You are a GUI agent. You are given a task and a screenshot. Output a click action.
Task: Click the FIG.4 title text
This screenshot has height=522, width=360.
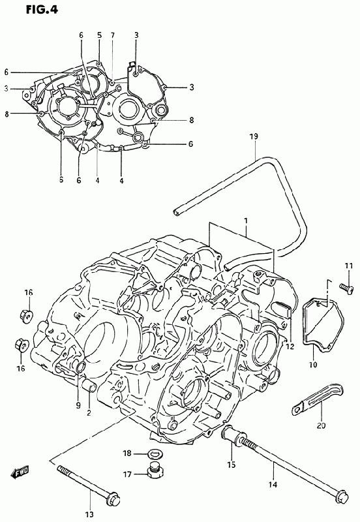[x=42, y=10]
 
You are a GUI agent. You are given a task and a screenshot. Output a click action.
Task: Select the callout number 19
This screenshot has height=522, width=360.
[x=254, y=136]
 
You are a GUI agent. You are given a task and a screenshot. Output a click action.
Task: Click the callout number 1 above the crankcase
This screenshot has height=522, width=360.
[x=246, y=221]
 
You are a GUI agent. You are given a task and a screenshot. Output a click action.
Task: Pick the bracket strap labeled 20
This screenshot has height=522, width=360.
[x=318, y=398]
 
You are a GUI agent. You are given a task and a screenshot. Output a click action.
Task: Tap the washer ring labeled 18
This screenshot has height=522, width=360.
[x=153, y=453]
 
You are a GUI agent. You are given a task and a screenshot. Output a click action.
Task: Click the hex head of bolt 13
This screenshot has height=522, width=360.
[x=113, y=498]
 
